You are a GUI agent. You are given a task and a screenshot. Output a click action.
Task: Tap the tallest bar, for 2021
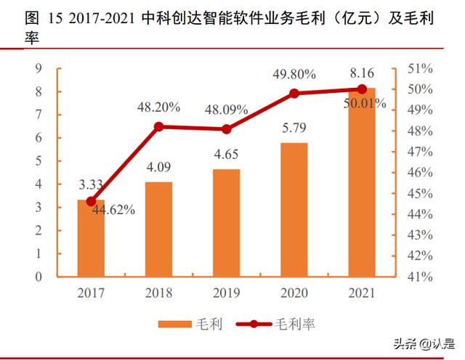click(362, 182)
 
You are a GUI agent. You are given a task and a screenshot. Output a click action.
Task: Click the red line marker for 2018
click(159, 126)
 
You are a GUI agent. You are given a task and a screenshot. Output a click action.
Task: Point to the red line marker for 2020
click(294, 93)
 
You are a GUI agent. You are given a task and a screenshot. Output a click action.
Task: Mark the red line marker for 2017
click(92, 201)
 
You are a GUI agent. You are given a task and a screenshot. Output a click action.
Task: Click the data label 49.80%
click(294, 74)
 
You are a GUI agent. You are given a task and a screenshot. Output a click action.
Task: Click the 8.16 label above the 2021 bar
click(362, 74)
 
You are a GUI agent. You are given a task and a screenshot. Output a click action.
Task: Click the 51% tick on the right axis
click(421, 69)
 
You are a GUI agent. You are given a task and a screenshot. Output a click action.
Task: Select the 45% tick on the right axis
click(421, 194)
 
